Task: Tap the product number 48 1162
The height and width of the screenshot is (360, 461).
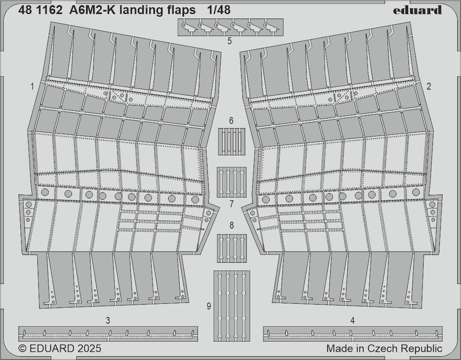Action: tap(40, 10)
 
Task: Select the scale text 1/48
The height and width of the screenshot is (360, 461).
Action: tap(219, 10)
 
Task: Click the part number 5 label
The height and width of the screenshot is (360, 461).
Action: tap(230, 41)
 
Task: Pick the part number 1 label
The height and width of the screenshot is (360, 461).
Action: tap(32, 87)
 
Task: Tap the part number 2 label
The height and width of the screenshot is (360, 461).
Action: tap(429, 86)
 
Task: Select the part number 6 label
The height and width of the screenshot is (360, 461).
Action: tap(231, 121)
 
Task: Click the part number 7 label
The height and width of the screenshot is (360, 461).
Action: tap(232, 204)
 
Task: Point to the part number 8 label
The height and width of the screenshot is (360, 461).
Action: tap(232, 225)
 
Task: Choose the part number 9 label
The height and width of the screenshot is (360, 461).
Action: tap(209, 307)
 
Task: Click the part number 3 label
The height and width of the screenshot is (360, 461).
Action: tap(108, 320)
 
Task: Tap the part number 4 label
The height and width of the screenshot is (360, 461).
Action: tap(353, 320)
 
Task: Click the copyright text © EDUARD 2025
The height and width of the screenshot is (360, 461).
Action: tap(59, 348)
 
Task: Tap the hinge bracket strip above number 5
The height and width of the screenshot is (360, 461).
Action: tap(230, 27)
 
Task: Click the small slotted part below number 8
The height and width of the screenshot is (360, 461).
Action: tap(232, 248)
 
